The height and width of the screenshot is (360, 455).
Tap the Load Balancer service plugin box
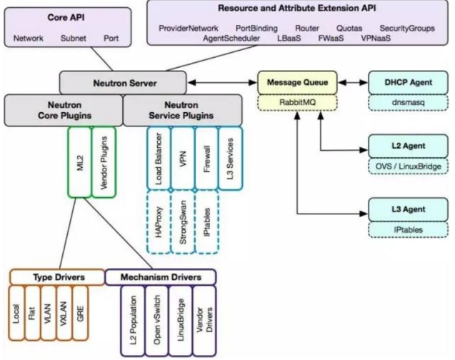point(160,156)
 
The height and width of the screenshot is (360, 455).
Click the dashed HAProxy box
point(160,221)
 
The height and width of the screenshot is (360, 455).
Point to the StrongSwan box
point(184,221)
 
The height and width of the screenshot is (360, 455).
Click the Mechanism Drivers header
point(159,276)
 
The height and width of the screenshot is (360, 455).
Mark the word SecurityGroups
point(405,28)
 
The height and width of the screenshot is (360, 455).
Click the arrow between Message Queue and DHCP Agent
point(346,82)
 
